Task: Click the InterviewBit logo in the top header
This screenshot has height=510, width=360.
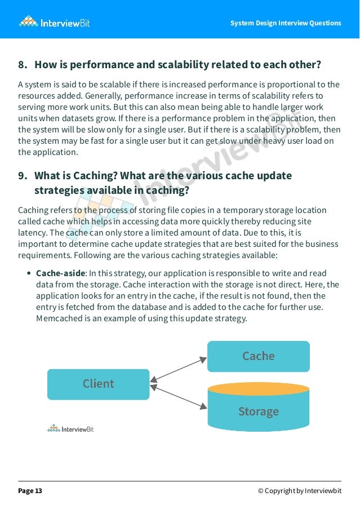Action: [55, 23]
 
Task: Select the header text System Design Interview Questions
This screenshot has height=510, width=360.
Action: [286, 23]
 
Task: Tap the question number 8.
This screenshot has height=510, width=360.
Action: [23, 65]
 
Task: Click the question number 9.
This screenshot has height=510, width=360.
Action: [23, 175]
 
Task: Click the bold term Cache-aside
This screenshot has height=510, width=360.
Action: [60, 273]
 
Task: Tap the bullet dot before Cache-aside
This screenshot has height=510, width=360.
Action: [29, 273]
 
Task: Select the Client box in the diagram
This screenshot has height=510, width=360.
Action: [98, 384]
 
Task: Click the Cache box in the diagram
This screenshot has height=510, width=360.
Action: [258, 356]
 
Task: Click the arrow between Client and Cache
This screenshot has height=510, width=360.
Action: [179, 369]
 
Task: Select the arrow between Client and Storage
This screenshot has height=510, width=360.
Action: [179, 397]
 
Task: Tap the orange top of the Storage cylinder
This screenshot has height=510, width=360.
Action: [258, 388]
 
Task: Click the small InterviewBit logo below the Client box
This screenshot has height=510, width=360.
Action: [70, 429]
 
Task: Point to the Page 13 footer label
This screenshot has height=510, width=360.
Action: [30, 491]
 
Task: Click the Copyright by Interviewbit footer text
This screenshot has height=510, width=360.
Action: [299, 491]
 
